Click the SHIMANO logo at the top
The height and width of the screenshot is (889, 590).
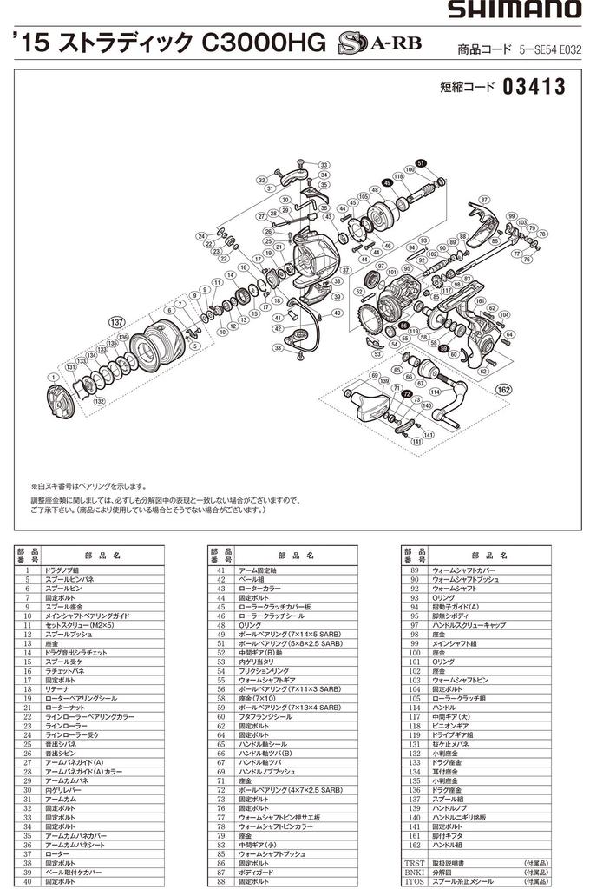point(515,10)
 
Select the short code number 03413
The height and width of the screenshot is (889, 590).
point(533,87)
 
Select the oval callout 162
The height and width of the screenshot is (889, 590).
point(502,391)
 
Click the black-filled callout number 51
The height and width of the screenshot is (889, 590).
point(420,163)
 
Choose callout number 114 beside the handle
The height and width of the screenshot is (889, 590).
point(435,392)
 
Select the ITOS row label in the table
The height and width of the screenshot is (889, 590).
point(413,880)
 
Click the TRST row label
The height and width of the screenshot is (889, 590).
point(413,863)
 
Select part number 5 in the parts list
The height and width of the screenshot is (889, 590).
point(28,578)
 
